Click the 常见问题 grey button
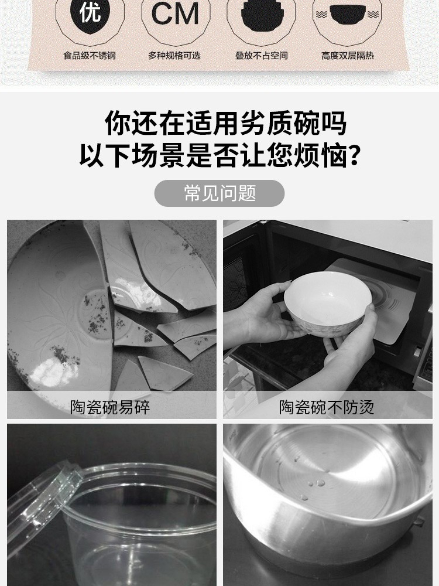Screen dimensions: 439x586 [x=220, y=193]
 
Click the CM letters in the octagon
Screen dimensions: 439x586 [x=176, y=15]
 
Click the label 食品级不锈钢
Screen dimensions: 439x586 [x=90, y=56]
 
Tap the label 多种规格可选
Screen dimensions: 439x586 [x=174, y=56]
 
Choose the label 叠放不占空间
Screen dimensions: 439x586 [x=261, y=56]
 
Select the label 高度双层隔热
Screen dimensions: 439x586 [x=348, y=56]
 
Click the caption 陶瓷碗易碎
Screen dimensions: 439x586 [x=110, y=407]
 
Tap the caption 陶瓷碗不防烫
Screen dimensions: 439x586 [x=327, y=407]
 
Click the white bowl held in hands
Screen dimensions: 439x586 [x=328, y=304]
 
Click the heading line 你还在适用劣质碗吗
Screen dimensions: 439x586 [x=226, y=123]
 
